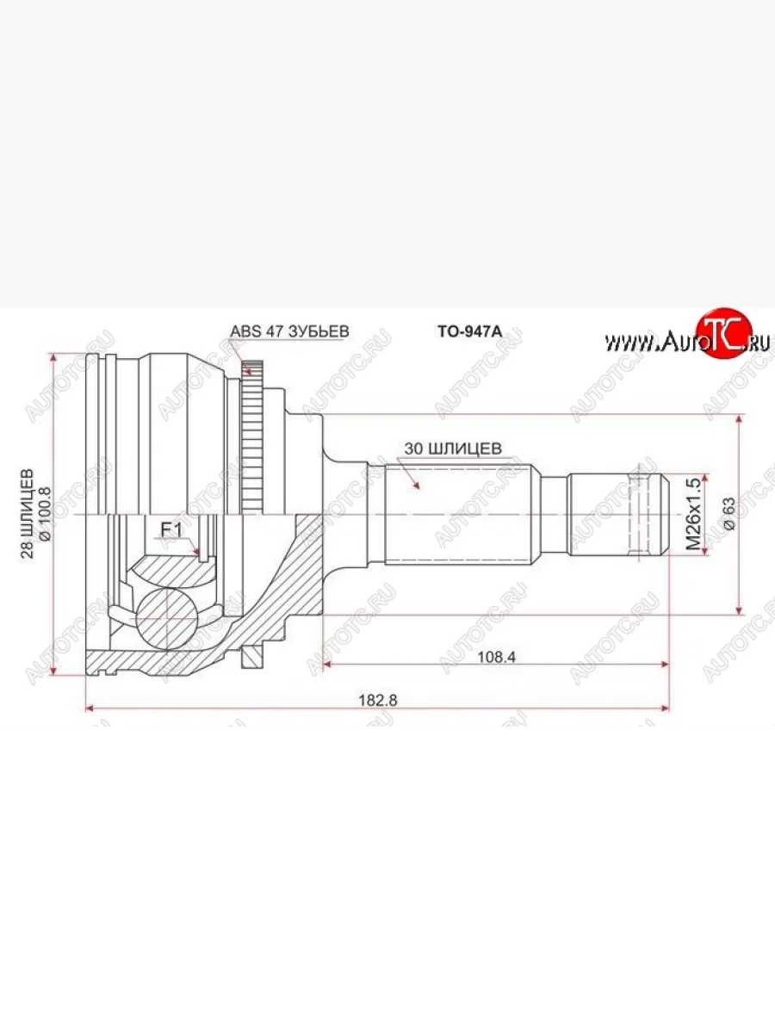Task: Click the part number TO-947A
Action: click(x=470, y=331)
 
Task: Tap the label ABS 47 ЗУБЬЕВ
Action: click(x=289, y=331)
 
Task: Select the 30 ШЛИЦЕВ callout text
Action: click(x=453, y=448)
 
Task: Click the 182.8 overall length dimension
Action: click(x=378, y=700)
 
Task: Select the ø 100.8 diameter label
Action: click(x=46, y=513)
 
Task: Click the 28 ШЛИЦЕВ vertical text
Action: click(x=28, y=513)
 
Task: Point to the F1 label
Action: click(x=171, y=530)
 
